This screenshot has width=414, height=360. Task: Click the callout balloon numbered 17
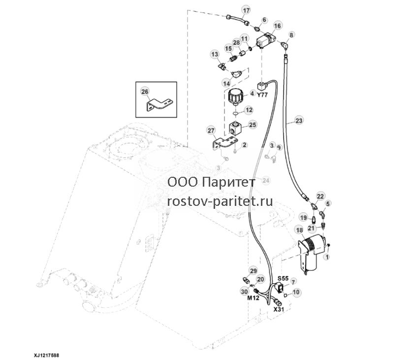pos(246,11)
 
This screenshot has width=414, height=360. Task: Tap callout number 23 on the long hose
pos(299,121)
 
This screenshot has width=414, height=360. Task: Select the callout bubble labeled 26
pos(145,92)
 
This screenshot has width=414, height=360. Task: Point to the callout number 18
pos(299,230)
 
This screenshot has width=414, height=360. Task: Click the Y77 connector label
pos(262,95)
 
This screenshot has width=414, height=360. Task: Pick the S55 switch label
pos(283,278)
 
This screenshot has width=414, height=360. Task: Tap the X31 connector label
pos(278,309)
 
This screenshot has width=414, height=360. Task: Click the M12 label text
pos(254,297)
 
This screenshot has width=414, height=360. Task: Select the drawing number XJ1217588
pos(46,355)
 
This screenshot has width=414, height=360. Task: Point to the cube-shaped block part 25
pos(236,128)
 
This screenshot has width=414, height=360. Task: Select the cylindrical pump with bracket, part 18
pos(313,254)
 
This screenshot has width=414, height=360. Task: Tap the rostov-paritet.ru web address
pos(220,201)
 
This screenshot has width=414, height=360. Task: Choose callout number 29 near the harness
pos(253,271)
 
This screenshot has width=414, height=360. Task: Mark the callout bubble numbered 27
pos(211,131)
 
